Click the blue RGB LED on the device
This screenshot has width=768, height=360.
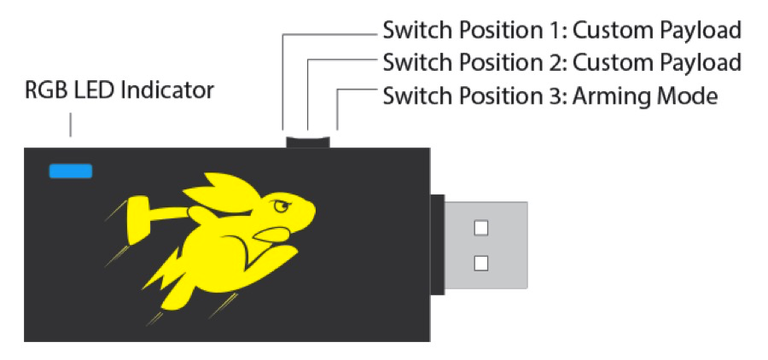(x=71, y=171)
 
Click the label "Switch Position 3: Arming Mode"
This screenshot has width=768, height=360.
(x=550, y=96)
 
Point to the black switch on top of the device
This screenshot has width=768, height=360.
(x=308, y=138)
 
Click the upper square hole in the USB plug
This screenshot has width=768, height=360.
(x=481, y=228)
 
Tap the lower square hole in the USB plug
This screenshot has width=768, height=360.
(x=481, y=263)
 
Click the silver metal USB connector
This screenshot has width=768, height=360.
(x=486, y=247)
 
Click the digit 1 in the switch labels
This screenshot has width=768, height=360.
(x=558, y=32)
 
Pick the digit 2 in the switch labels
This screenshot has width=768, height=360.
(x=559, y=63)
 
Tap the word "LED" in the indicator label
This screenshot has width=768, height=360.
(x=90, y=90)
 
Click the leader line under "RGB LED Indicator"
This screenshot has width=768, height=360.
(x=71, y=125)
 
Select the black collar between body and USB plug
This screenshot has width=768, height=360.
(x=437, y=246)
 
